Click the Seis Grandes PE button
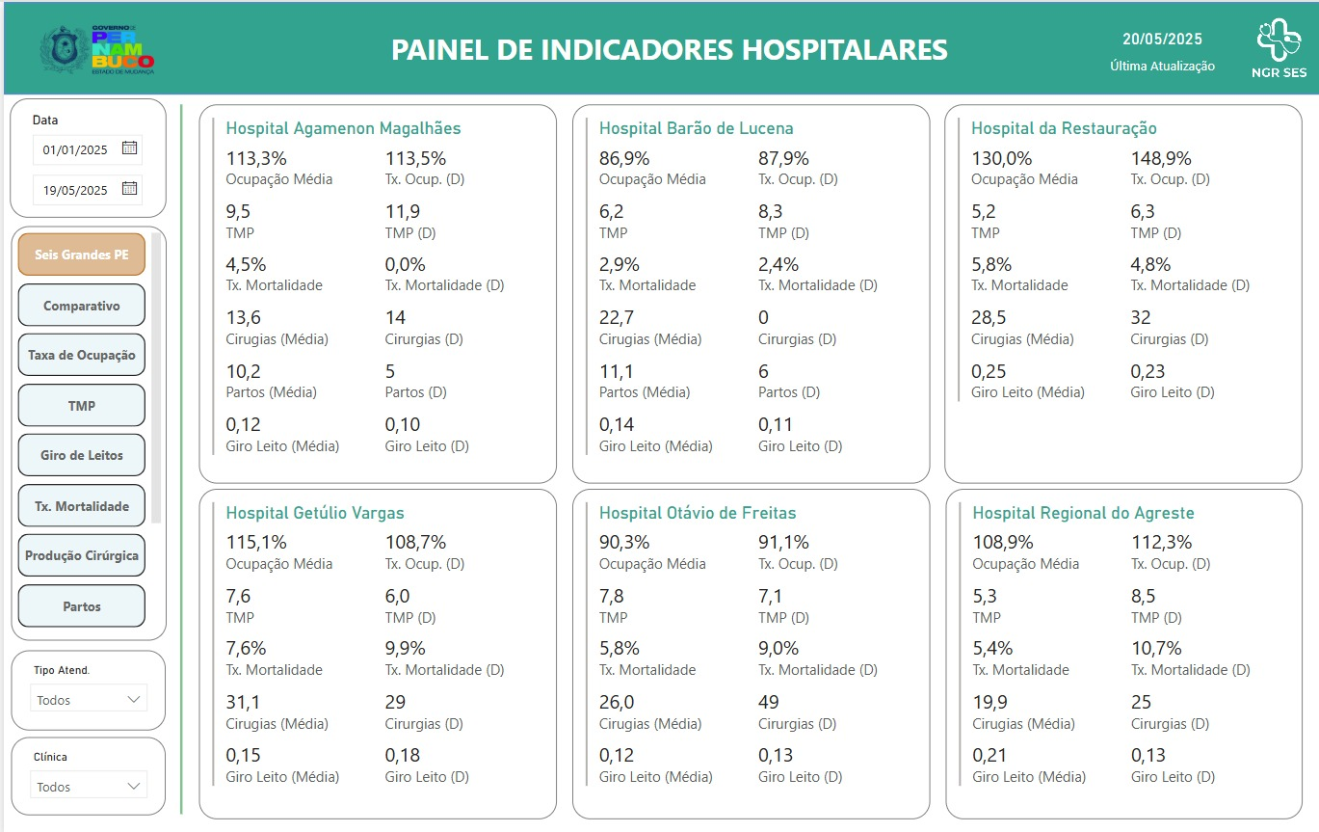(x=81, y=255)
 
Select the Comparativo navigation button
(x=81, y=306)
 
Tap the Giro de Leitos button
(x=81, y=455)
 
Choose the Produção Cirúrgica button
(x=81, y=555)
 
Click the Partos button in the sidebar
(x=81, y=606)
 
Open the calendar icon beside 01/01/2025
(x=130, y=148)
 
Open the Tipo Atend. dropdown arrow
(x=134, y=699)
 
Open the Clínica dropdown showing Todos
(x=89, y=786)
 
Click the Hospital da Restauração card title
(x=1064, y=128)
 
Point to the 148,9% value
(x=1161, y=159)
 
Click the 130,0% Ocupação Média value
(x=1001, y=159)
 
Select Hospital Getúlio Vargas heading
(x=315, y=513)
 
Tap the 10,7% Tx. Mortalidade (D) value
(x=1156, y=648)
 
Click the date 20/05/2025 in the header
(x=1162, y=40)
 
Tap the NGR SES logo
(x=1279, y=48)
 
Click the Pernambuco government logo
(x=97, y=49)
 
